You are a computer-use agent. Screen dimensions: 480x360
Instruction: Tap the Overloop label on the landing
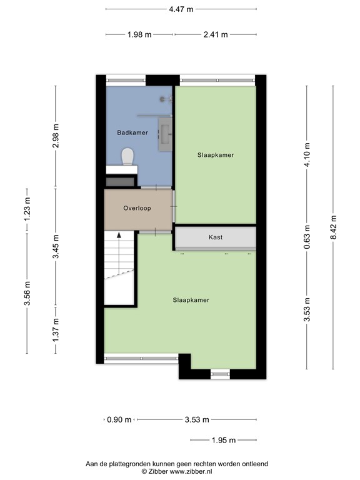137,207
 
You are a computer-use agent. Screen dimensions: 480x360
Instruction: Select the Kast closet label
215,237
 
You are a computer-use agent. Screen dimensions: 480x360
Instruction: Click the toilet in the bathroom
128,156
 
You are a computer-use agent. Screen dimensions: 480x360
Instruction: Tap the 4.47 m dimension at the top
181,9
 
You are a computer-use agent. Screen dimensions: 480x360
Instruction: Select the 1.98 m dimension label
139,34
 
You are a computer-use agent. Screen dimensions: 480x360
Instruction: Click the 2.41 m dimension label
215,34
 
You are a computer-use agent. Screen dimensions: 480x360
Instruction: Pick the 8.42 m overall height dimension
332,227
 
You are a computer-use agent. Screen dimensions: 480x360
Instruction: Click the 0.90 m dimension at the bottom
119,419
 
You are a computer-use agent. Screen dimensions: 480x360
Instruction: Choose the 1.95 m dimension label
222,440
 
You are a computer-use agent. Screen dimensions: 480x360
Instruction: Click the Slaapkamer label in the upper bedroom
216,155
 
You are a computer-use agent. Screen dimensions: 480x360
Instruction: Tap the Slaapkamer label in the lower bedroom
191,300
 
